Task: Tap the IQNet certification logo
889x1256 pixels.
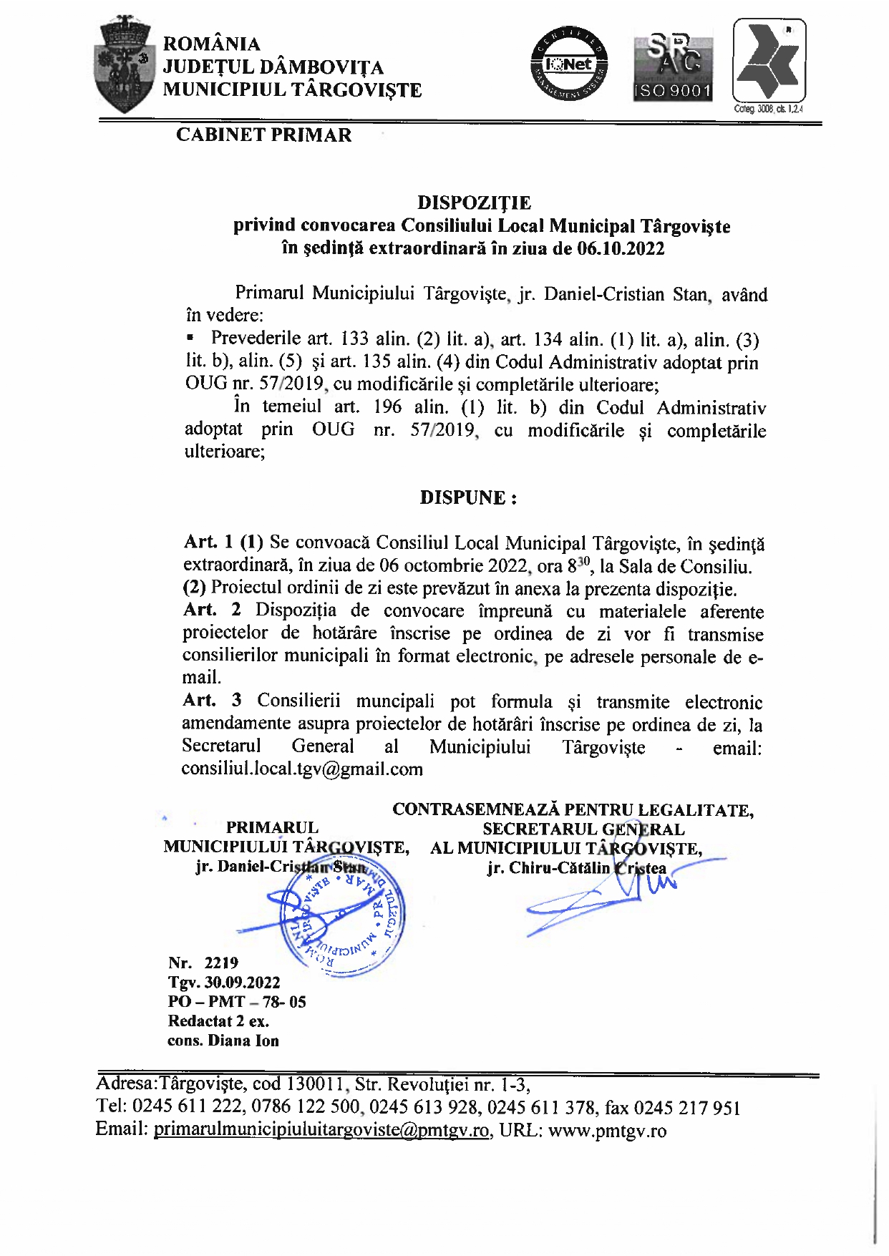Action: coord(569,64)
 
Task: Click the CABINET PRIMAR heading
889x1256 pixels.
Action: coord(264,135)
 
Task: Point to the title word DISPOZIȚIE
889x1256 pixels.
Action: coord(474,203)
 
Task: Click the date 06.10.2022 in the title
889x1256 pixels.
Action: coord(621,249)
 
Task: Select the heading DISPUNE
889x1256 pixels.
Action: coord(468,498)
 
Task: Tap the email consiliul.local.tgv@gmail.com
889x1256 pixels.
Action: coord(302,769)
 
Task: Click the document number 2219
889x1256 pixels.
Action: coord(221,963)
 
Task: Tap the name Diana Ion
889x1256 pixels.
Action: coord(243,1041)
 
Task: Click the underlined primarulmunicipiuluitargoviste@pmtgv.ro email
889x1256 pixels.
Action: coord(322,1131)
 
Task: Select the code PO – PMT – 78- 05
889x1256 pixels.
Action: coord(237,1002)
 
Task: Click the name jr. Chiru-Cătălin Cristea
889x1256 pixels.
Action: coord(576,869)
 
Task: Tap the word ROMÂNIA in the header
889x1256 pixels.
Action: coord(212,44)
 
